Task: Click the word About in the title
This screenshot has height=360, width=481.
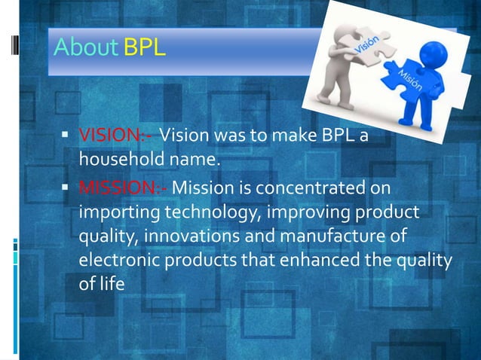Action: pyautogui.click(x=84, y=49)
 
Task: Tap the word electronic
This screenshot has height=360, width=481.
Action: pyautogui.click(x=118, y=260)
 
